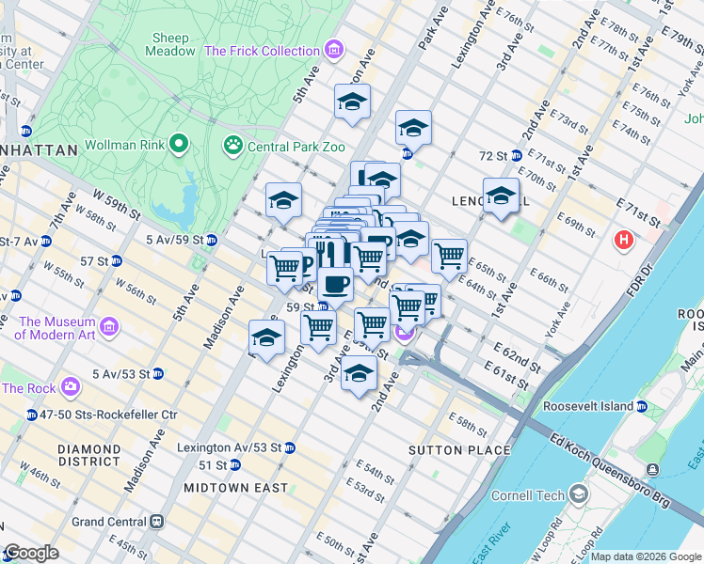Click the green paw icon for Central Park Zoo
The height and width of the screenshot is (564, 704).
point(232,145)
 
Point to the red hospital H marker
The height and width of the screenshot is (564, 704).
point(622,241)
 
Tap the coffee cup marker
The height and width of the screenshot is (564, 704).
point(335,283)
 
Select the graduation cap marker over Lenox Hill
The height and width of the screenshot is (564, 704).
point(501,196)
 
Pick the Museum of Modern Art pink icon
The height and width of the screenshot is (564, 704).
point(109,327)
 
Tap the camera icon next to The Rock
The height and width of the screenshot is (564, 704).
point(70,386)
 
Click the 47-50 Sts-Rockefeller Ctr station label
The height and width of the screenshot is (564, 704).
point(102,414)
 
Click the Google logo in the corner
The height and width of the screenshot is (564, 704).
point(31,554)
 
